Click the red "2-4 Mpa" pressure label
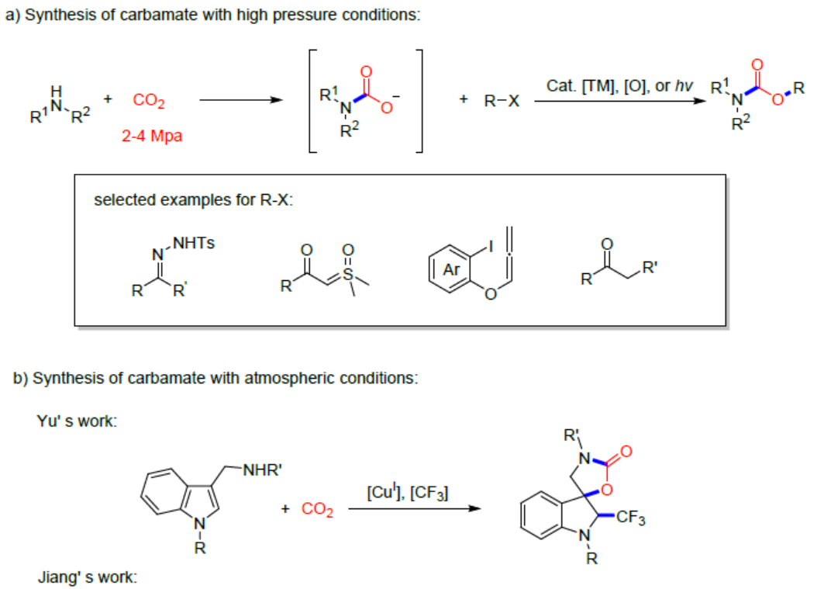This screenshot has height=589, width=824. click(x=151, y=137)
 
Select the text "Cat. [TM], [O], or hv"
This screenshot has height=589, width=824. click(x=619, y=85)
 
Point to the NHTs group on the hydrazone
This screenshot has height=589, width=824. click(x=193, y=243)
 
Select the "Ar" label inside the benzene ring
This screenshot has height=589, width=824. click(x=451, y=271)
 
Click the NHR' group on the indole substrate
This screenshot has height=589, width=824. click(x=260, y=468)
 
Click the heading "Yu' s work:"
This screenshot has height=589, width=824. click(x=78, y=422)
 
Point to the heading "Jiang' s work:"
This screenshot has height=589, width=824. click(x=87, y=577)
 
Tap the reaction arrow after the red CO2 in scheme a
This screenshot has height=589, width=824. click(x=239, y=100)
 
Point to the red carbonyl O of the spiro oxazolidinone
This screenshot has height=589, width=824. click(x=626, y=450)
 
